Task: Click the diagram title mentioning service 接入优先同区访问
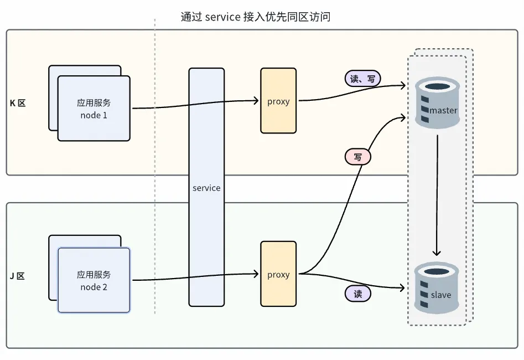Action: (x=256, y=17)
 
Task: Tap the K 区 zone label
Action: (x=18, y=104)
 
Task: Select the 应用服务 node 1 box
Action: (x=94, y=109)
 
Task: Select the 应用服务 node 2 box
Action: (x=94, y=280)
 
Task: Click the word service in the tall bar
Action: (x=206, y=188)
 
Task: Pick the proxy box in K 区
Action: (x=278, y=101)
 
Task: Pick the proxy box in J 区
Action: (x=278, y=274)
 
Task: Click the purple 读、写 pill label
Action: (x=362, y=79)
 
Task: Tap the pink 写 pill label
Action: (x=358, y=157)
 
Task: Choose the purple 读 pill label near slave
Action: (x=358, y=294)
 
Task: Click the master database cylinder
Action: (x=437, y=103)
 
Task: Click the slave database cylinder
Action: (x=437, y=289)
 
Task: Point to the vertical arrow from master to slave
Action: (x=437, y=194)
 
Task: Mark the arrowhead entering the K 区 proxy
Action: (x=256, y=101)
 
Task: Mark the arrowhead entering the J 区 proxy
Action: (x=256, y=274)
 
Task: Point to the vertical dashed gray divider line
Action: (x=154, y=166)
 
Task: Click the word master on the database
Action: (x=443, y=110)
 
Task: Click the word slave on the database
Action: (x=440, y=295)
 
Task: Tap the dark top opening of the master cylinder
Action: (x=437, y=86)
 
